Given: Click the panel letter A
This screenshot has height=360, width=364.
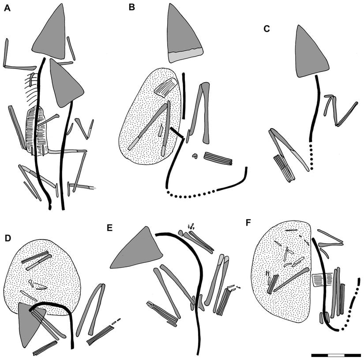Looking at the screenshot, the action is point(7,8).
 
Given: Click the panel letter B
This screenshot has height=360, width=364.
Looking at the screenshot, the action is point(131,8).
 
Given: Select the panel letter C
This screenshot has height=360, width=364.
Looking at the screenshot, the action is point(267,29).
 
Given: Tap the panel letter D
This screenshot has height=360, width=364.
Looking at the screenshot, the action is point(8,239).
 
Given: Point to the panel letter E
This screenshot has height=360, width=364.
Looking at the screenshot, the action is point(109,228).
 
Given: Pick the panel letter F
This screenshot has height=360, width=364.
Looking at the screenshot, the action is point(248,223).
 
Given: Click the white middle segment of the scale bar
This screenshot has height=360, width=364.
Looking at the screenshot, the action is point(336,355).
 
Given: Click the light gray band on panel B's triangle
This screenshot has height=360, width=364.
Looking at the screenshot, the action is point(186,55).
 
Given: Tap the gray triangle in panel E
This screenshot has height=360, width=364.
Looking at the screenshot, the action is point(139,249).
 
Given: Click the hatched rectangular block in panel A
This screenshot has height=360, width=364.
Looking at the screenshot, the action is point(37,130).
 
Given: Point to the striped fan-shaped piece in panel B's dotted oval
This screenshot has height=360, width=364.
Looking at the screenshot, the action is point(166,87).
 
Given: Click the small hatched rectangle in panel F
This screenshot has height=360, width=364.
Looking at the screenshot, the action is point(323,280).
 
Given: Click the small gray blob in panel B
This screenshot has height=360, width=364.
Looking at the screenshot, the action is point(195,156).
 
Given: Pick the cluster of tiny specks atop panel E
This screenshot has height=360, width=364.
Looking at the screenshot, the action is point(191,226).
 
